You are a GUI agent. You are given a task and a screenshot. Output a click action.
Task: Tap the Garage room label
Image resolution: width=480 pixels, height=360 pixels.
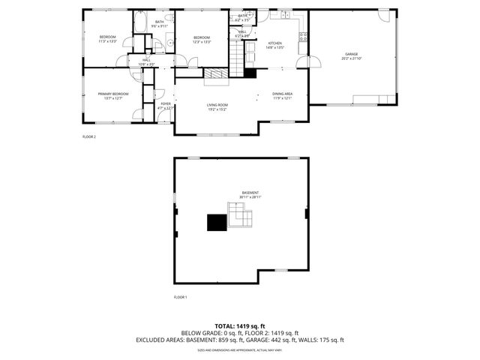tap(351, 54)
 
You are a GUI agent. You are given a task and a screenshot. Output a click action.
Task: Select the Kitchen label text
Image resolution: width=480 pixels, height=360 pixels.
tap(274, 44)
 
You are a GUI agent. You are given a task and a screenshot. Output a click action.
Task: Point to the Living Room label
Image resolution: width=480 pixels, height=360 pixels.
tap(217, 105)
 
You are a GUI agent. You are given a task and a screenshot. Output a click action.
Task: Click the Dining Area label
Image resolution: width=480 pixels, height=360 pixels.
tap(283, 94)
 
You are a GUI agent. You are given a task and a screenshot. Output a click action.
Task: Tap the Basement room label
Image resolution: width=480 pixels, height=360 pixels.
tap(250, 193)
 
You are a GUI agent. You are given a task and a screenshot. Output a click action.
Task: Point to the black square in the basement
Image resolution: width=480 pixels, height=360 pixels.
tap(217, 222)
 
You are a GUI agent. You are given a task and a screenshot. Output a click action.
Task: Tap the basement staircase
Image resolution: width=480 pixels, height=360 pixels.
tap(241, 218)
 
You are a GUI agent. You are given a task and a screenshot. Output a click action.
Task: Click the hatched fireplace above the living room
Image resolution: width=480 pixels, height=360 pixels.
tap(217, 73)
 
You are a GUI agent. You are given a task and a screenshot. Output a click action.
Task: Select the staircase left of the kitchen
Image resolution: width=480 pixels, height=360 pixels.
tap(238, 54)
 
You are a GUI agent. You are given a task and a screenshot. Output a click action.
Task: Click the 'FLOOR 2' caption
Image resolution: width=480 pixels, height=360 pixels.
tap(89, 136)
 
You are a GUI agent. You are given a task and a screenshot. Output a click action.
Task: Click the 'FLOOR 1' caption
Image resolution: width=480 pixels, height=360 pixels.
tap(180, 297)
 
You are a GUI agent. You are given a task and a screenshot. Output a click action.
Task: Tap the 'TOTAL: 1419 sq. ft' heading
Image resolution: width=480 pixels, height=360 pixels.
tap(239, 325)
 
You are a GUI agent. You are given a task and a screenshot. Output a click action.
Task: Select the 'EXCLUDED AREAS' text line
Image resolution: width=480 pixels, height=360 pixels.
tap(239, 340)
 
